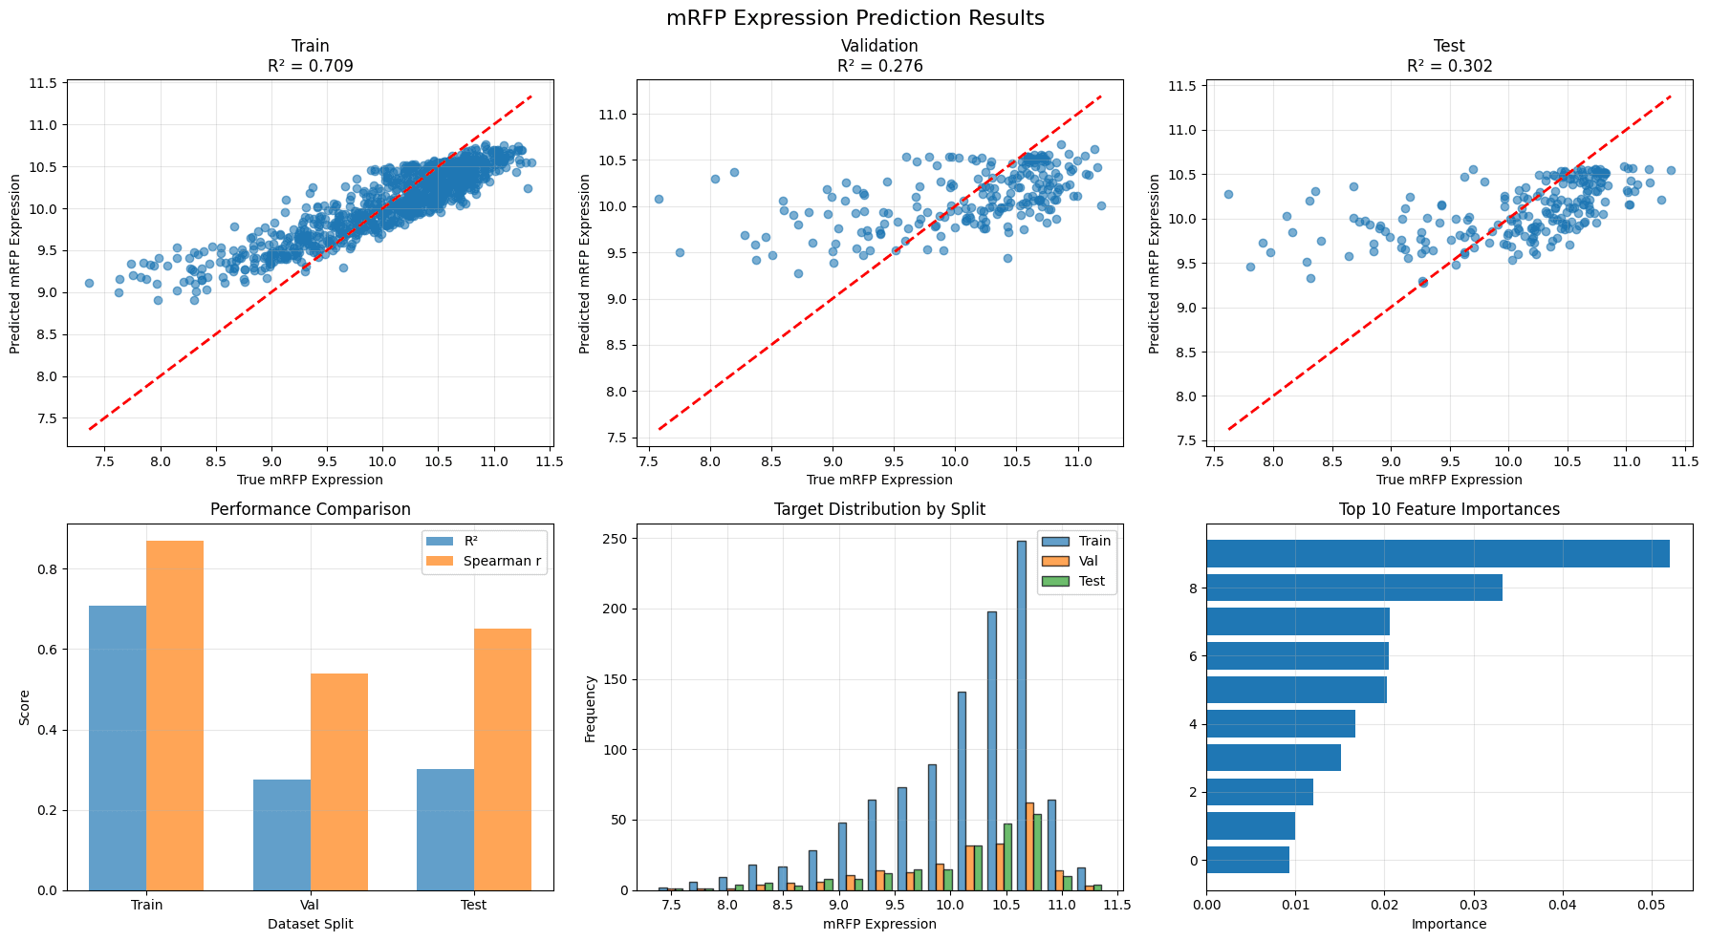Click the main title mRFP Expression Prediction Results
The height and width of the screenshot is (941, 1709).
click(x=854, y=18)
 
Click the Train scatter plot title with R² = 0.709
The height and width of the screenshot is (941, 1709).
click(x=310, y=56)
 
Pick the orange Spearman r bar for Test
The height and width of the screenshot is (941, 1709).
click(x=503, y=759)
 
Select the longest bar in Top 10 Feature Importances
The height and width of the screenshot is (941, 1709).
click(x=1438, y=554)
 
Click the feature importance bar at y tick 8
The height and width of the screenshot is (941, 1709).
click(x=1354, y=588)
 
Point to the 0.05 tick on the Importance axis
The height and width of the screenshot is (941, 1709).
click(x=1651, y=904)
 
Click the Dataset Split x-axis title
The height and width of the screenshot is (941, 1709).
click(x=310, y=924)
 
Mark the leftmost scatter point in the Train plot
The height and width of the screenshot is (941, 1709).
click(x=89, y=283)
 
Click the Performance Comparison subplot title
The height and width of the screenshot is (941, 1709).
click(x=310, y=509)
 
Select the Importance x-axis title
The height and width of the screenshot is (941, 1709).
click(x=1449, y=924)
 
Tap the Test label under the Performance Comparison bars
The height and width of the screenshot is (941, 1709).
click(x=473, y=905)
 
